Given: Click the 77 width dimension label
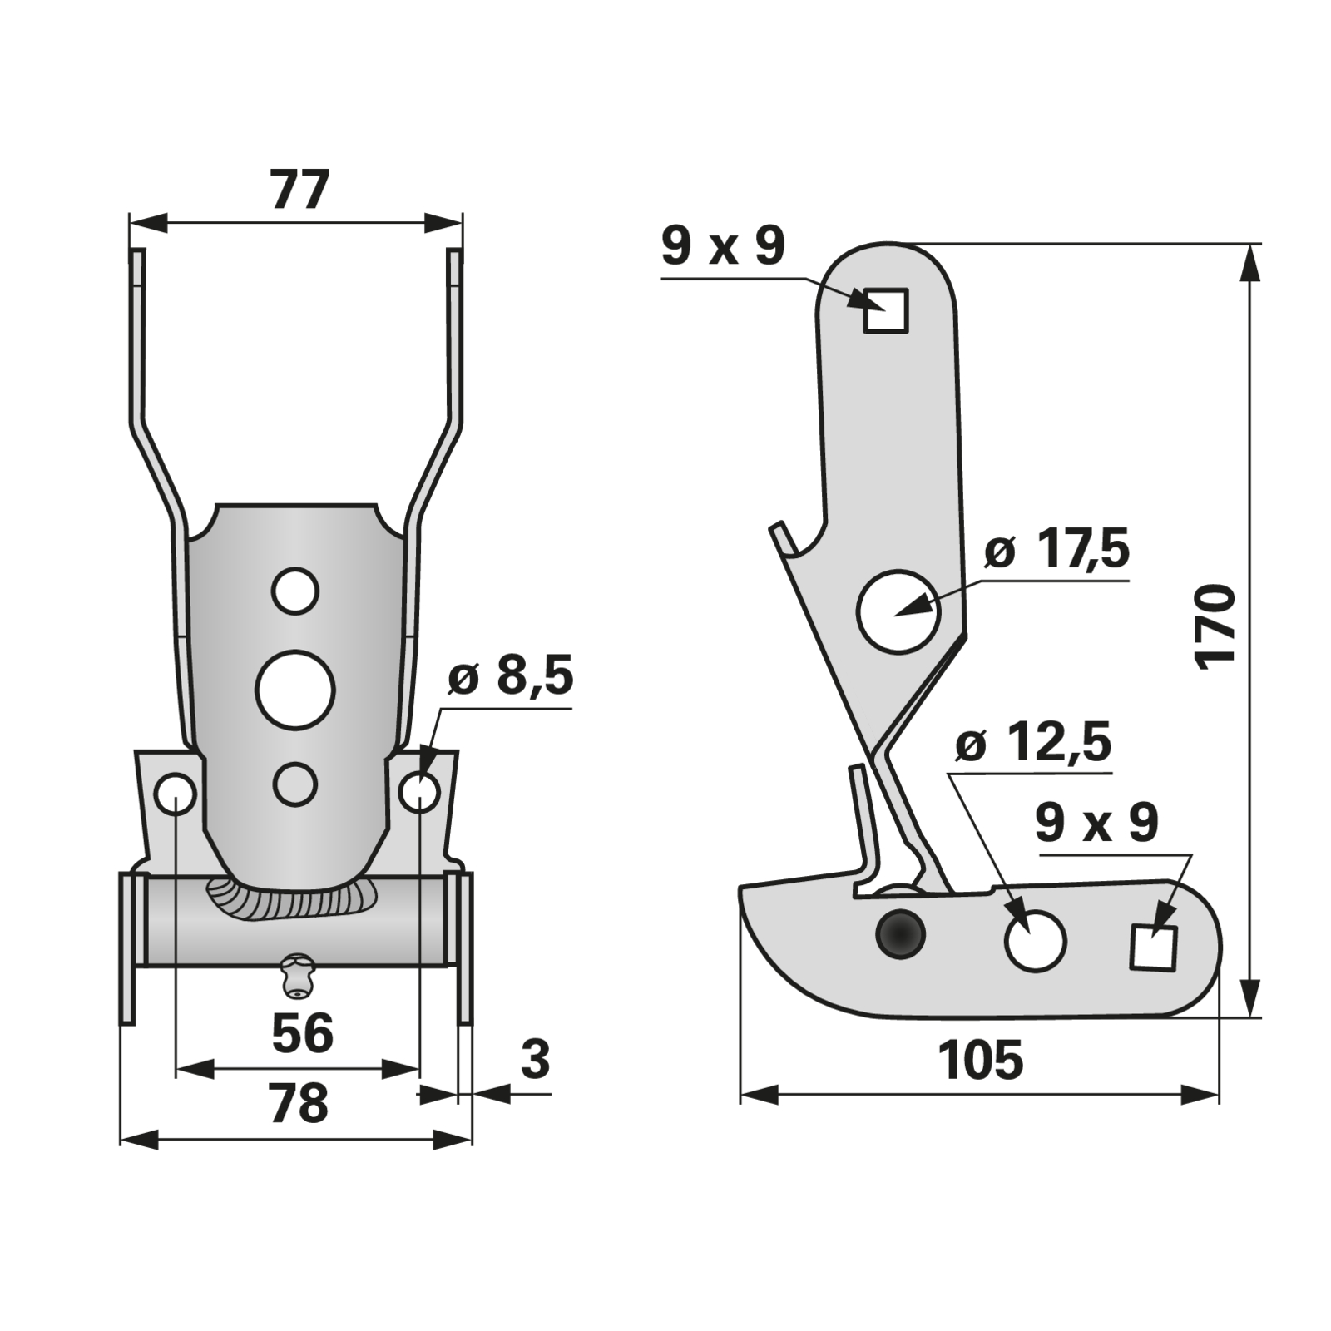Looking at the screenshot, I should click(299, 191).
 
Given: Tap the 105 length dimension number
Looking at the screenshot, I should click(980, 1061).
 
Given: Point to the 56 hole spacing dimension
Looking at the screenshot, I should click(302, 1033).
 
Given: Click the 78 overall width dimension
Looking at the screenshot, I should click(299, 1103).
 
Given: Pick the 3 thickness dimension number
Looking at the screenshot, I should click(535, 1060).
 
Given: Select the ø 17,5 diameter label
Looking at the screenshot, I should click(1056, 550).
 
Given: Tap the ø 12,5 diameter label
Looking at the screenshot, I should click(1033, 742).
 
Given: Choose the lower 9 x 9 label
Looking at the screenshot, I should click(1096, 823).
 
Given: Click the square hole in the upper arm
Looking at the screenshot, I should click(885, 310).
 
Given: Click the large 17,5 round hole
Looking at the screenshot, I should click(898, 611).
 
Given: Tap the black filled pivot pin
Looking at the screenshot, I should click(900, 934).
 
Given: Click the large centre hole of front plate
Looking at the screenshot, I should click(295, 690).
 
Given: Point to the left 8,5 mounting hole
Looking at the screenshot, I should click(176, 794).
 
